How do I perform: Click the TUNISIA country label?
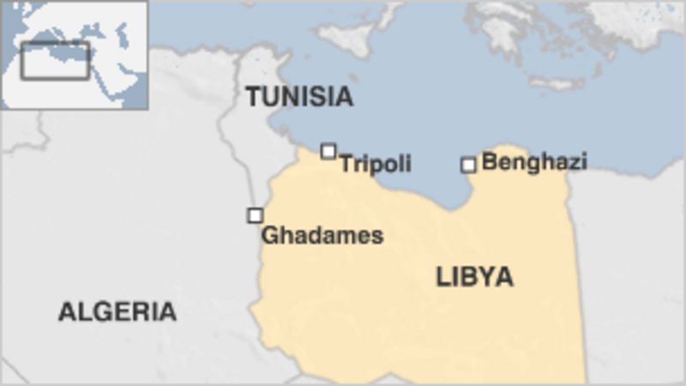tap(299, 97)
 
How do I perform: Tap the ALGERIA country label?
tap(117, 311)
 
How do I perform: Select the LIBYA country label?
tap(474, 276)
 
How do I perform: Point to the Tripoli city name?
tap(375, 163)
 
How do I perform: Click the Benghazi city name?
tap(534, 161)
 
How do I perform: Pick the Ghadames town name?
tap(322, 235)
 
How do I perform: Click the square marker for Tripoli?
tap(328, 152)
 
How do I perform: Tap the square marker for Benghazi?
tap(468, 165)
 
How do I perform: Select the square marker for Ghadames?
tap(255, 215)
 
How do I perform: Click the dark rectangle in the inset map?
tap(55, 60)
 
